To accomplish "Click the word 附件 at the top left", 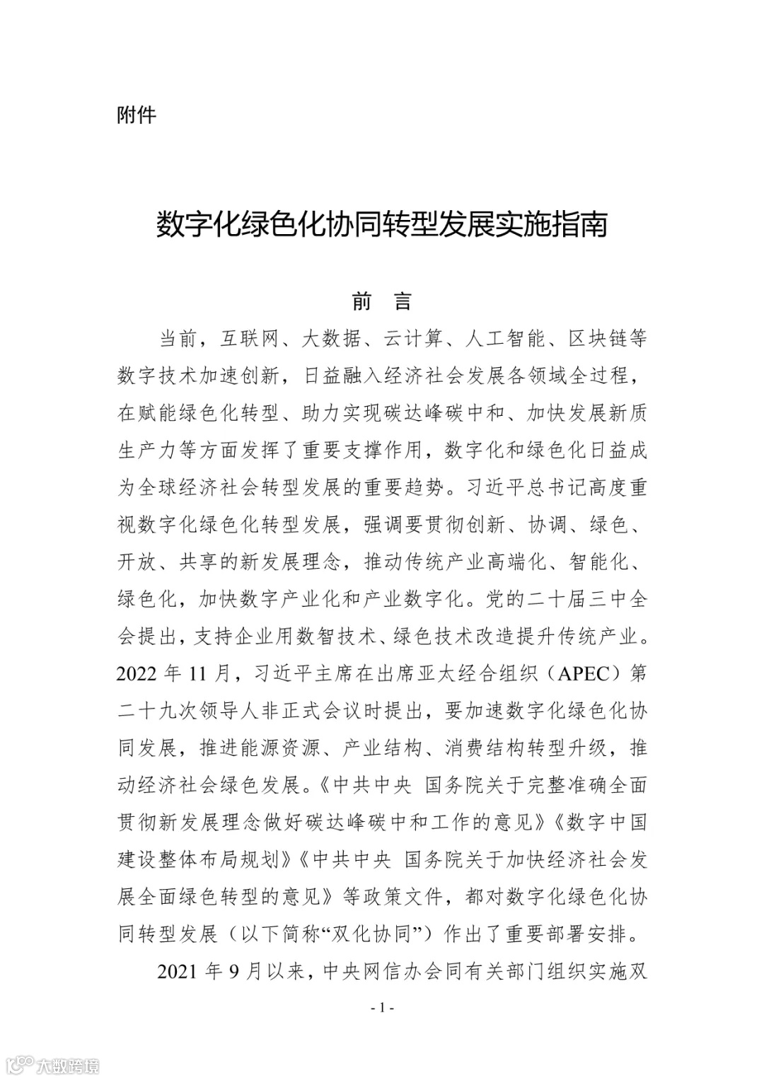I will (x=136, y=115).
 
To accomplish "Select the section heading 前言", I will (x=381, y=302).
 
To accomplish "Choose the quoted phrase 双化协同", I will (x=376, y=934).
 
